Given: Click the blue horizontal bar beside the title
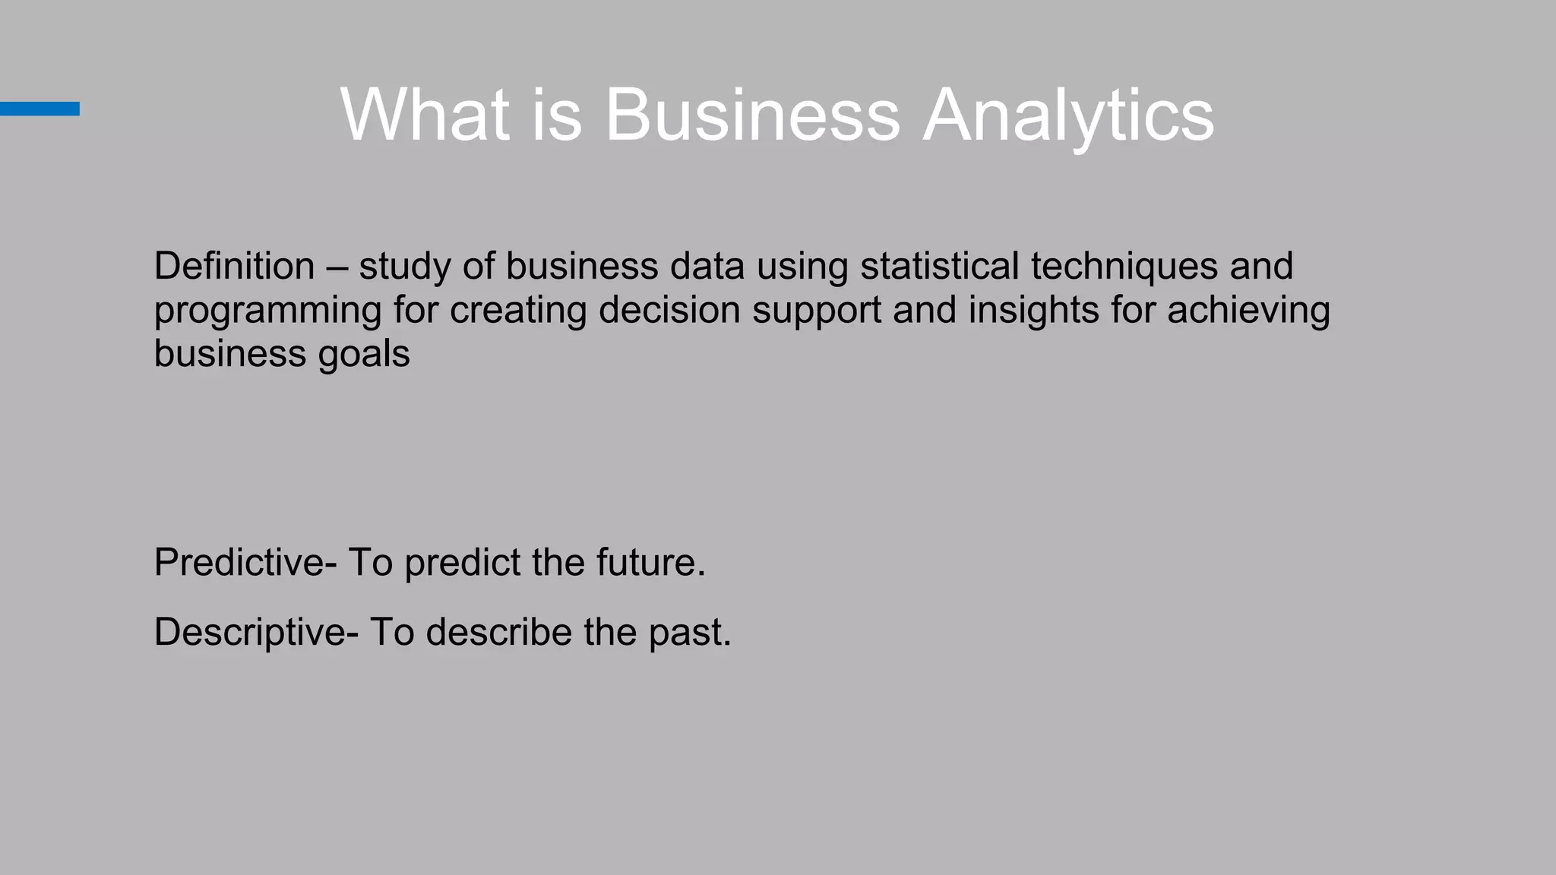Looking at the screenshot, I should [40, 109].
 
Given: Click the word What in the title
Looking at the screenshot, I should [424, 115].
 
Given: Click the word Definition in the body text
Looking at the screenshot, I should [234, 266].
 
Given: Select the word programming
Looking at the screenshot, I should [267, 311].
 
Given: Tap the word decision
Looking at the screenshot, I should [669, 310].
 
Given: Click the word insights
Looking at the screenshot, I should [1033, 310].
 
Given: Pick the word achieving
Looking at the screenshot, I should [1248, 310].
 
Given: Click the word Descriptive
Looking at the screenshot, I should [250, 633].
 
